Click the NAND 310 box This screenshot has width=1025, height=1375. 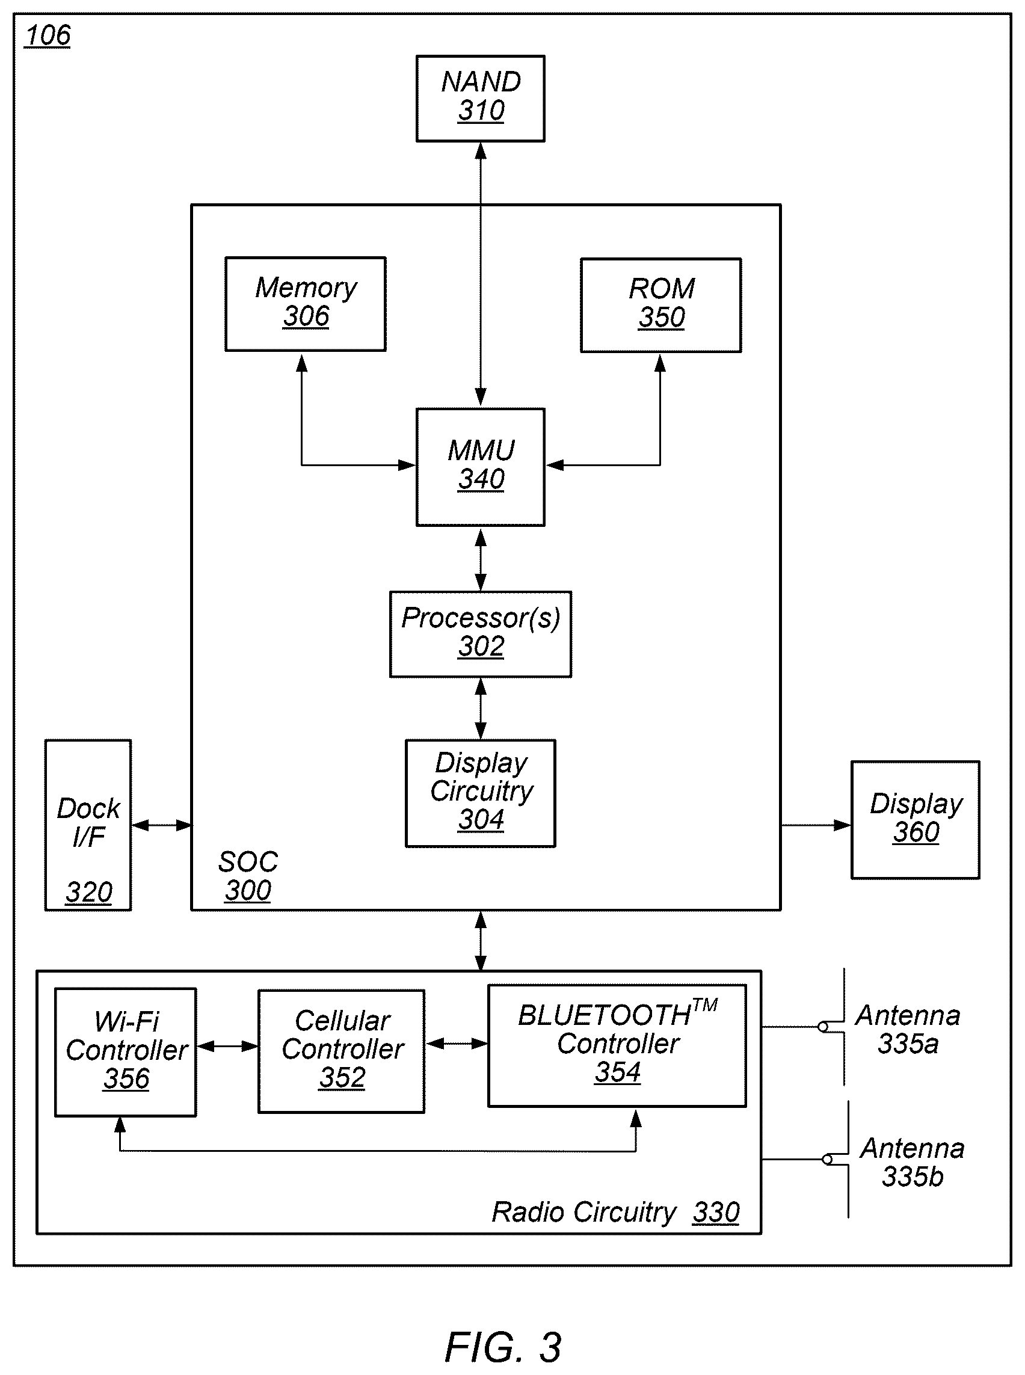480,99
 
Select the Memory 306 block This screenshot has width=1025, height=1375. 305,304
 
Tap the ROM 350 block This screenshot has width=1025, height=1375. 661,306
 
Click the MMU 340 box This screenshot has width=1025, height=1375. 480,467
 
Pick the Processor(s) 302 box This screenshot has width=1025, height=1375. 480,634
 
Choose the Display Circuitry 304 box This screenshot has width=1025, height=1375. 480,793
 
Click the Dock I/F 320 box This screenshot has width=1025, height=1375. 88,825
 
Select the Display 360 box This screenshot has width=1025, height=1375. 915,820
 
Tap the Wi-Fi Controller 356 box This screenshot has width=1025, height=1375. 125,1053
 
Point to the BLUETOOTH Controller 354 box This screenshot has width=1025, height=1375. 617,1045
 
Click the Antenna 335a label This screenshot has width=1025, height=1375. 908,1029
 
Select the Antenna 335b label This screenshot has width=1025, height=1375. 912,1162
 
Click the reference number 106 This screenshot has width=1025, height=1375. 48,35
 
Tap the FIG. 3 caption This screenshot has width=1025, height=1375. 503,1347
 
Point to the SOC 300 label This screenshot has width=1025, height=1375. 248,876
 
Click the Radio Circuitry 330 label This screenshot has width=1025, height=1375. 615,1212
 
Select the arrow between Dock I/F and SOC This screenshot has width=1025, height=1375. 161,825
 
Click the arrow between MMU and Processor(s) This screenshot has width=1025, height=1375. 480,559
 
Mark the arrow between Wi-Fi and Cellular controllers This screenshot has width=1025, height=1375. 227,1046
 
